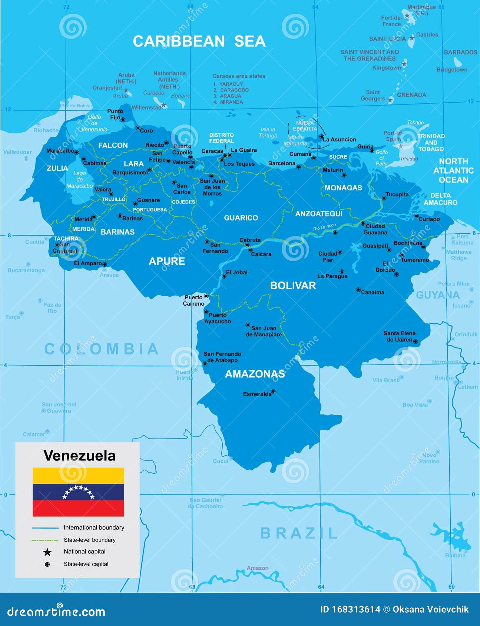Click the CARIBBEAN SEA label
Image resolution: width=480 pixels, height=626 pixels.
pos(199,41)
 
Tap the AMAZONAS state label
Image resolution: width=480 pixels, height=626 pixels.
pos(255,374)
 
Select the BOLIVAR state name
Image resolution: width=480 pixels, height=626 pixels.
pos(293,285)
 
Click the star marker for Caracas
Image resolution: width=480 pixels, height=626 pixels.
pos(225,156)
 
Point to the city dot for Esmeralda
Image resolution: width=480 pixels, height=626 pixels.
pos(274,391)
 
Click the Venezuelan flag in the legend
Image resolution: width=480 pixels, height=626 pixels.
pos(78,492)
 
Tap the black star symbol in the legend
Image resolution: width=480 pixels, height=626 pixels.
pos(47,552)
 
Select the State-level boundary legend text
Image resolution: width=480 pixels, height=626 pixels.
pos(89,540)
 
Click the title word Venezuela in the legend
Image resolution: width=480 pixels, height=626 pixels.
pos(79,456)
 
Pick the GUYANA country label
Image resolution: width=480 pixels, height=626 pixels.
pos(437,295)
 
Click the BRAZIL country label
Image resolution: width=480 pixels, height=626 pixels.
pos(299,533)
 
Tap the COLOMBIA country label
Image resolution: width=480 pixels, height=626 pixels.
pos(102,349)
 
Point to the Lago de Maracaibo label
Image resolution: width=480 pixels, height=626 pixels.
pos(79,179)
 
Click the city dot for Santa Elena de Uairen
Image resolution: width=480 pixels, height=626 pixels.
pos(416,342)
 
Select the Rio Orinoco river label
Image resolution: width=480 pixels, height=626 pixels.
pos(324,227)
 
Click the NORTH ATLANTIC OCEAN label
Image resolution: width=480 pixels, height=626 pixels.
pos(453,170)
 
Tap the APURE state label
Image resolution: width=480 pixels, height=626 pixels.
pos(167,261)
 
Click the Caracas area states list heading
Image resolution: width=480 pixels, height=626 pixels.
pos(239,76)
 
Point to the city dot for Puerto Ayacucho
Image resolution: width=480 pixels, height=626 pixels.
pos(206,312)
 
